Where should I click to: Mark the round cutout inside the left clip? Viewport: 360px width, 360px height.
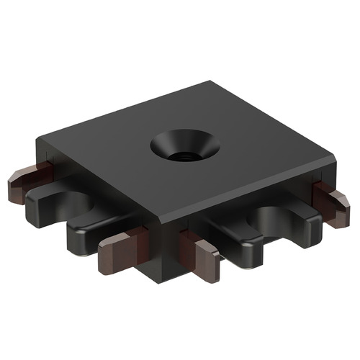(72, 205)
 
